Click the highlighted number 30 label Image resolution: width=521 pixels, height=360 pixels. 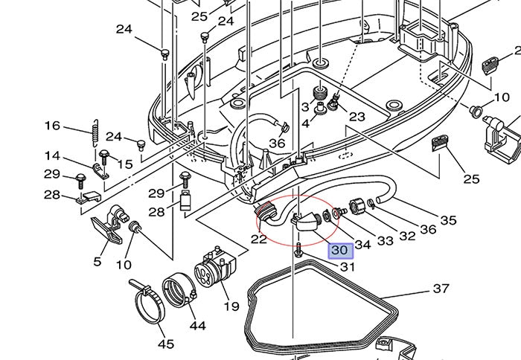[342, 251]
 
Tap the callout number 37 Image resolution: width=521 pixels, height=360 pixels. [441, 289]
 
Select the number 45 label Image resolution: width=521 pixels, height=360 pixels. [165, 344]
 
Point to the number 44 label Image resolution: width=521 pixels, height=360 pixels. [197, 325]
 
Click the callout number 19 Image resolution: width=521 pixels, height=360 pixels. [231, 306]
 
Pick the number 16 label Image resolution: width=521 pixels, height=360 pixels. [52, 126]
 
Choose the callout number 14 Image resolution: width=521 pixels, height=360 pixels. [52, 156]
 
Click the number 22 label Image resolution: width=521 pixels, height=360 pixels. [258, 240]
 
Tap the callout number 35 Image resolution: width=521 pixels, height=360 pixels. [448, 220]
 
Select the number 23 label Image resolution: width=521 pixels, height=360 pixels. [357, 117]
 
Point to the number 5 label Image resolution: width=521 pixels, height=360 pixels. [97, 261]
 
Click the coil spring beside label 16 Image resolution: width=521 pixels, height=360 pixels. [93, 131]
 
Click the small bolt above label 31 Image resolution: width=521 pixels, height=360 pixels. [298, 248]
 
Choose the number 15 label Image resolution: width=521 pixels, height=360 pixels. [125, 163]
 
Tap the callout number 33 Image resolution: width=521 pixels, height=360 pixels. [384, 241]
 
